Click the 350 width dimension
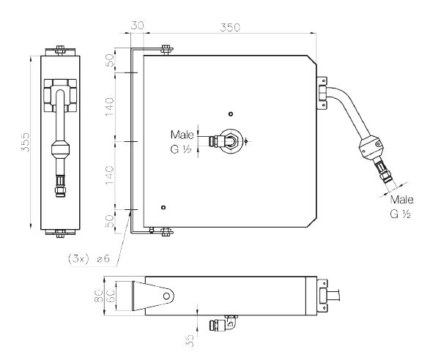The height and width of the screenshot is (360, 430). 230,27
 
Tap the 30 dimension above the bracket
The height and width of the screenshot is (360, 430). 137,25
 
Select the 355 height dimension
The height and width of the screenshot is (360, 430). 26,142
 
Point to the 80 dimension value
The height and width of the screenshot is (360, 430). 99,296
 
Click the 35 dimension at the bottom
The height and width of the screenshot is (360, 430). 190,341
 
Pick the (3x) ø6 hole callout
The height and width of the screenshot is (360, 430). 89,258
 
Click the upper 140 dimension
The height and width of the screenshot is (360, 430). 110,107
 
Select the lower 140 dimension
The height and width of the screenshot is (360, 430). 110,176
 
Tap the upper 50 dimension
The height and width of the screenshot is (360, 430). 110,60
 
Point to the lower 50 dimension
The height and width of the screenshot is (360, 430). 110,221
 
